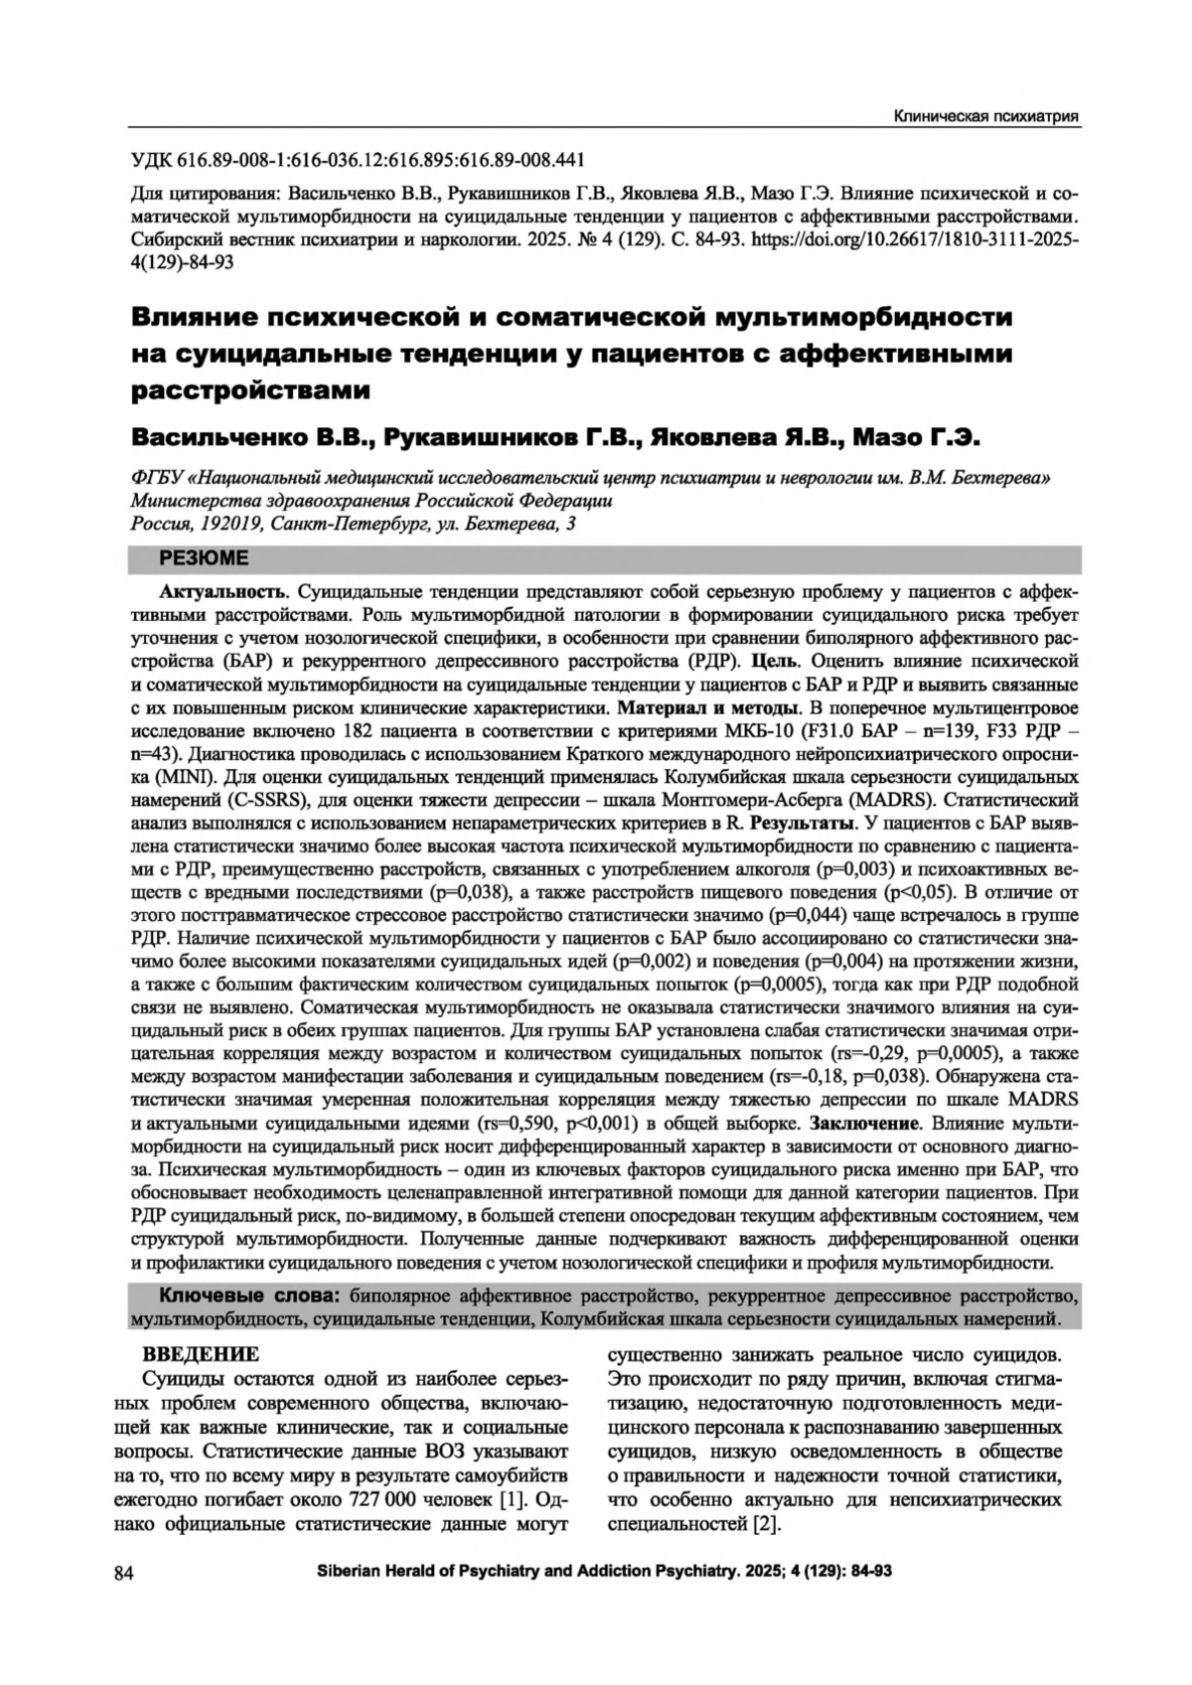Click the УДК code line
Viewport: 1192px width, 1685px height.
click(359, 161)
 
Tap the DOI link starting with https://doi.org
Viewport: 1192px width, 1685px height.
click(914, 239)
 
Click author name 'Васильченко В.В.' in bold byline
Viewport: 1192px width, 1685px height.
click(252, 437)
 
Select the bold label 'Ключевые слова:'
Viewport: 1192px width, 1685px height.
click(249, 1297)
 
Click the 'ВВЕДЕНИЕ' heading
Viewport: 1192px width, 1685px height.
click(202, 1355)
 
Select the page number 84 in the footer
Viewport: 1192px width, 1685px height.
click(124, 1573)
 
